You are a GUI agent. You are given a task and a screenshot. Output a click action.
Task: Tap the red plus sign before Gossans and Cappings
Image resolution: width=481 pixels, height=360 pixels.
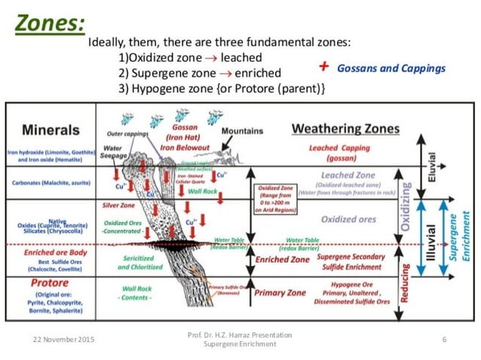point(323,66)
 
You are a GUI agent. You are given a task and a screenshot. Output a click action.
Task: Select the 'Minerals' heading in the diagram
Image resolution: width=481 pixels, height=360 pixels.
point(51,130)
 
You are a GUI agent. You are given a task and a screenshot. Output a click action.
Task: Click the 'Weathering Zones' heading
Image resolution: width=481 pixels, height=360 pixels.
point(345,129)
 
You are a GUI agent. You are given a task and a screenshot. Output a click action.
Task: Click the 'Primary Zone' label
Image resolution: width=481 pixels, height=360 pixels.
point(279,292)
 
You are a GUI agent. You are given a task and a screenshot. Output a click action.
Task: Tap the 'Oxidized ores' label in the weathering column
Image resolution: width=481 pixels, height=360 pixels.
point(348,219)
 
